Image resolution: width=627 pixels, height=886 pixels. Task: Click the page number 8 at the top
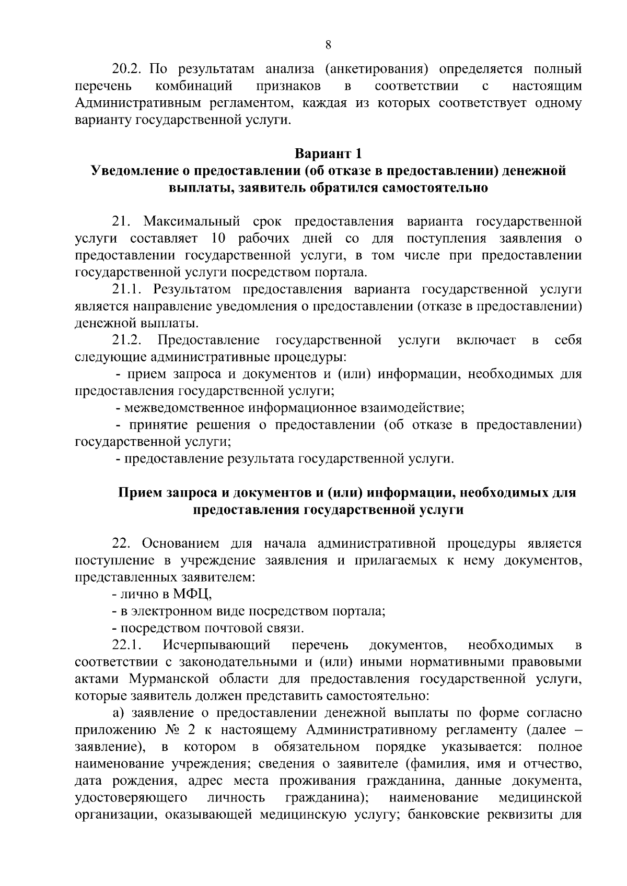tap(328, 45)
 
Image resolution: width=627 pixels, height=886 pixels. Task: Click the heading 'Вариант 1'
tap(328, 154)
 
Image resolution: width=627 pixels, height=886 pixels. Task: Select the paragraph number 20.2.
tap(127, 69)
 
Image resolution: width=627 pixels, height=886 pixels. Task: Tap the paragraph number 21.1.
tap(127, 290)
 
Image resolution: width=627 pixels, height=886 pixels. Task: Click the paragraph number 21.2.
tap(127, 340)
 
